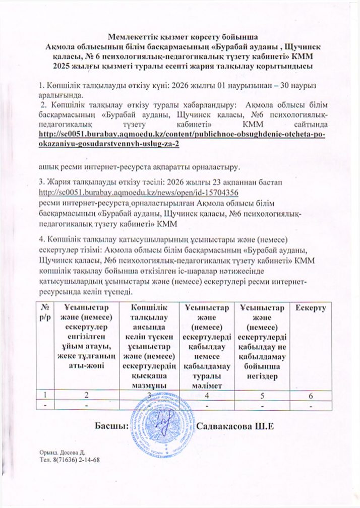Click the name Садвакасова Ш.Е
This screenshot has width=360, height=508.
tap(236, 426)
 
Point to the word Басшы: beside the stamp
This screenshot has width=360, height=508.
tap(111, 426)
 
